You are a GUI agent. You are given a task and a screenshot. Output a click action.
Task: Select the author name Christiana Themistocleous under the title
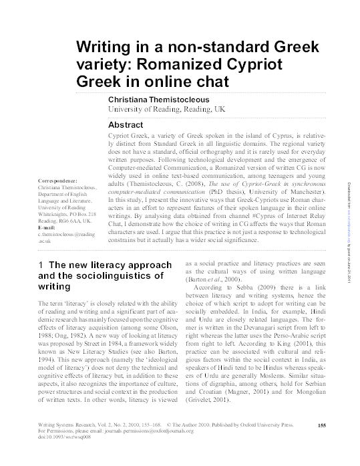point(166,98)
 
